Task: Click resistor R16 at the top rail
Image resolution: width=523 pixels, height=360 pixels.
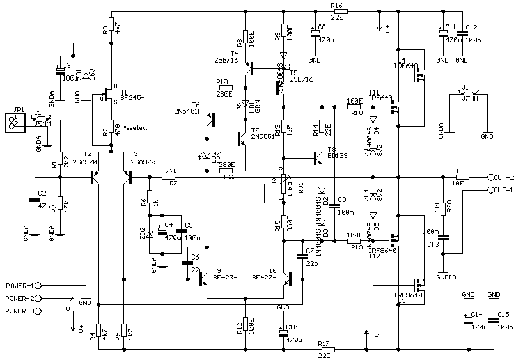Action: [x=340, y=11]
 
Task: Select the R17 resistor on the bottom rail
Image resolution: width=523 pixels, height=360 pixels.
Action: [x=324, y=350]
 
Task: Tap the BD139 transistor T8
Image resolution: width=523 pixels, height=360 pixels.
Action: [x=318, y=157]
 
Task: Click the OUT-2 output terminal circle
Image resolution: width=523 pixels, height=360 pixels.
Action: [x=491, y=177]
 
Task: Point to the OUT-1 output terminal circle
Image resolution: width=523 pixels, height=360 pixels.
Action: [x=491, y=190]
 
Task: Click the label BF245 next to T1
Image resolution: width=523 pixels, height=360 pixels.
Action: [x=132, y=98]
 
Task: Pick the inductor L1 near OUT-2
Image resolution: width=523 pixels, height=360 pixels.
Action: [x=462, y=177]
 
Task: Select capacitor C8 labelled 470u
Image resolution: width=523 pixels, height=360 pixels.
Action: [x=313, y=31]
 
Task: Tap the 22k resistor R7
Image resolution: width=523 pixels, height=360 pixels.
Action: [x=168, y=177]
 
